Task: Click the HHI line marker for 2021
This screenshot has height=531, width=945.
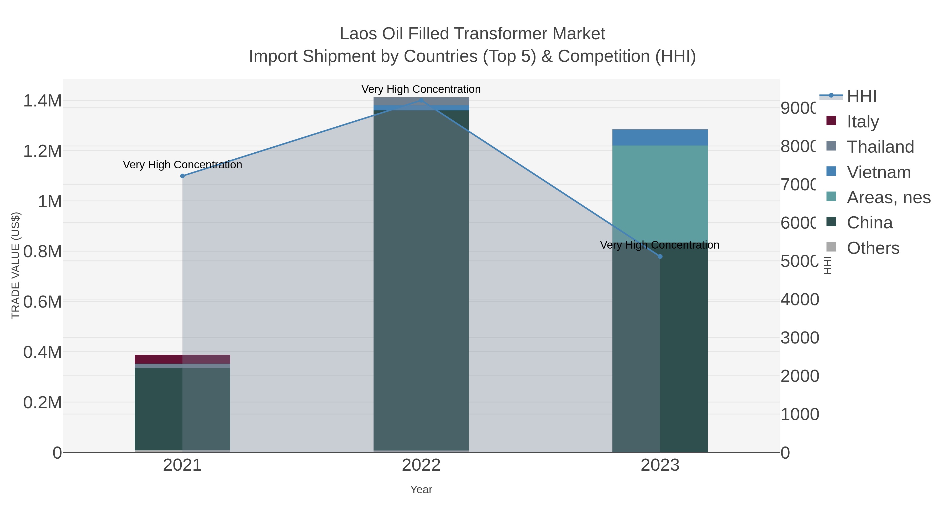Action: tap(182, 176)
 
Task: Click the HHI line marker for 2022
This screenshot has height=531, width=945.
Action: tap(421, 100)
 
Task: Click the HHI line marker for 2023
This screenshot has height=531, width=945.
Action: tap(660, 256)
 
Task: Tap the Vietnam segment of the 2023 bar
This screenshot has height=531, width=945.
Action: tap(660, 138)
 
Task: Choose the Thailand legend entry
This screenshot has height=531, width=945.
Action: tap(880, 147)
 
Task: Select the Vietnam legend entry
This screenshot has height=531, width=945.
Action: tap(879, 172)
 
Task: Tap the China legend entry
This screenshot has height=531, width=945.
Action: tap(869, 223)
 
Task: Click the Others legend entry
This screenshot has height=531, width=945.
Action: tap(873, 248)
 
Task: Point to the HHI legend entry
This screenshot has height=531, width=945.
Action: tap(861, 96)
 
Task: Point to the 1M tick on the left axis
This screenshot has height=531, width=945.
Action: tap(50, 201)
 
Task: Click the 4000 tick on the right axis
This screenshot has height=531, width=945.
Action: tap(800, 299)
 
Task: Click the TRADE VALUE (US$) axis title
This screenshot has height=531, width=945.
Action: tap(15, 265)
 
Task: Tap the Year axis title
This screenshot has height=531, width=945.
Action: tap(421, 490)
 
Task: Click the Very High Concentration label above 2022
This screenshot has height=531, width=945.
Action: tap(421, 89)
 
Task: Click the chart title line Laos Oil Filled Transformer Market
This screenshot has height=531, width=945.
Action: tap(472, 34)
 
